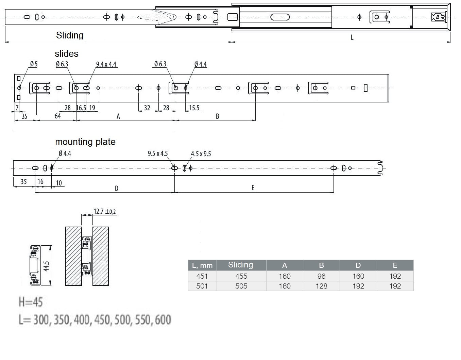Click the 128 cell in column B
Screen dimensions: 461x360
point(321,286)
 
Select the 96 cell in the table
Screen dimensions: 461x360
point(321,276)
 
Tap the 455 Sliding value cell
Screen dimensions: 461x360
point(241,276)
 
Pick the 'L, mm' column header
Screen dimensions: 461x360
point(202,265)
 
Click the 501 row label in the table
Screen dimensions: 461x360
point(202,286)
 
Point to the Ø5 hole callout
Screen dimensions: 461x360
point(34,64)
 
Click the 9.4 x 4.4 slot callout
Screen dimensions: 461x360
point(106,64)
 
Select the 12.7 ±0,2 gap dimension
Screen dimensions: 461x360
point(105,211)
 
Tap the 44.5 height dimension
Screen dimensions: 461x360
point(46,266)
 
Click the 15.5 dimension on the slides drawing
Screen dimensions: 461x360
point(194,108)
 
